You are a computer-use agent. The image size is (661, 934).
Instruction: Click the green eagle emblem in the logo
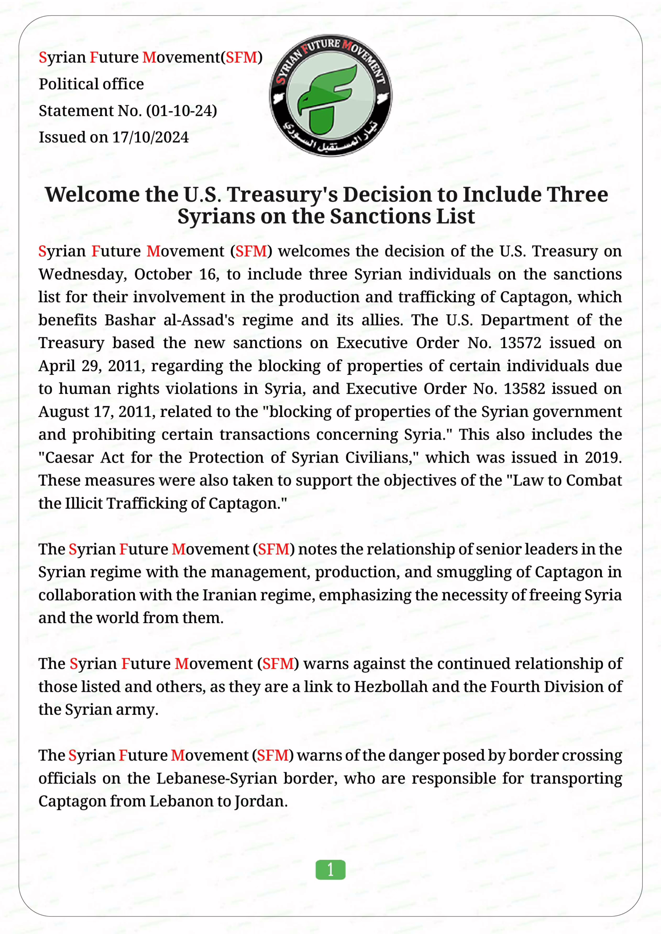[327, 99]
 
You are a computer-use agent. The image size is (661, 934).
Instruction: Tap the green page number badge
[330, 870]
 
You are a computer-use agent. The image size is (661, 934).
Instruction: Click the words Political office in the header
[91, 84]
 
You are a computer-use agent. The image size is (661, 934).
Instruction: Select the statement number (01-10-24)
[182, 111]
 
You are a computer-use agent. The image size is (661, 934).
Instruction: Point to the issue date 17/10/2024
[150, 137]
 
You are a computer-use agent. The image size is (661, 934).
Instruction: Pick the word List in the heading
[456, 216]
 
